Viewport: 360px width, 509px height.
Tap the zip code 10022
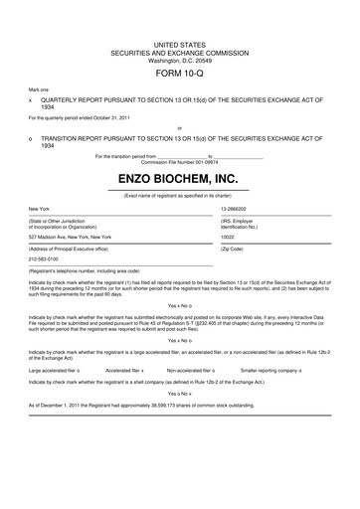[228, 237]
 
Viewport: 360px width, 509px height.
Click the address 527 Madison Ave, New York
[71, 237]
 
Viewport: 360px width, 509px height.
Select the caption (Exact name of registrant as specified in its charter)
[180, 194]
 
